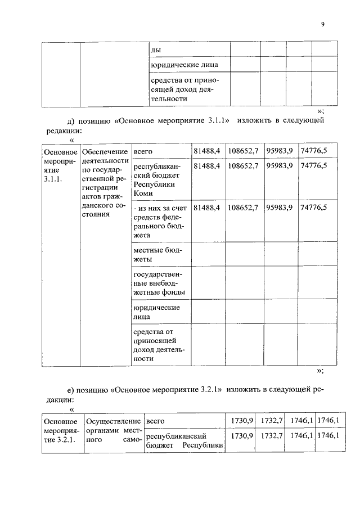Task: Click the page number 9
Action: pyautogui.click(x=323, y=24)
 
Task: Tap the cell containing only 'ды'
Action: pyautogui.click(x=156, y=49)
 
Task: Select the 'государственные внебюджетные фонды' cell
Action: pyautogui.click(x=159, y=282)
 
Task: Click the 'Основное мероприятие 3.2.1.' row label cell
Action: pyautogui.click(x=60, y=430)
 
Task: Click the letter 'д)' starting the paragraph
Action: pyautogui.click(x=71, y=120)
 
